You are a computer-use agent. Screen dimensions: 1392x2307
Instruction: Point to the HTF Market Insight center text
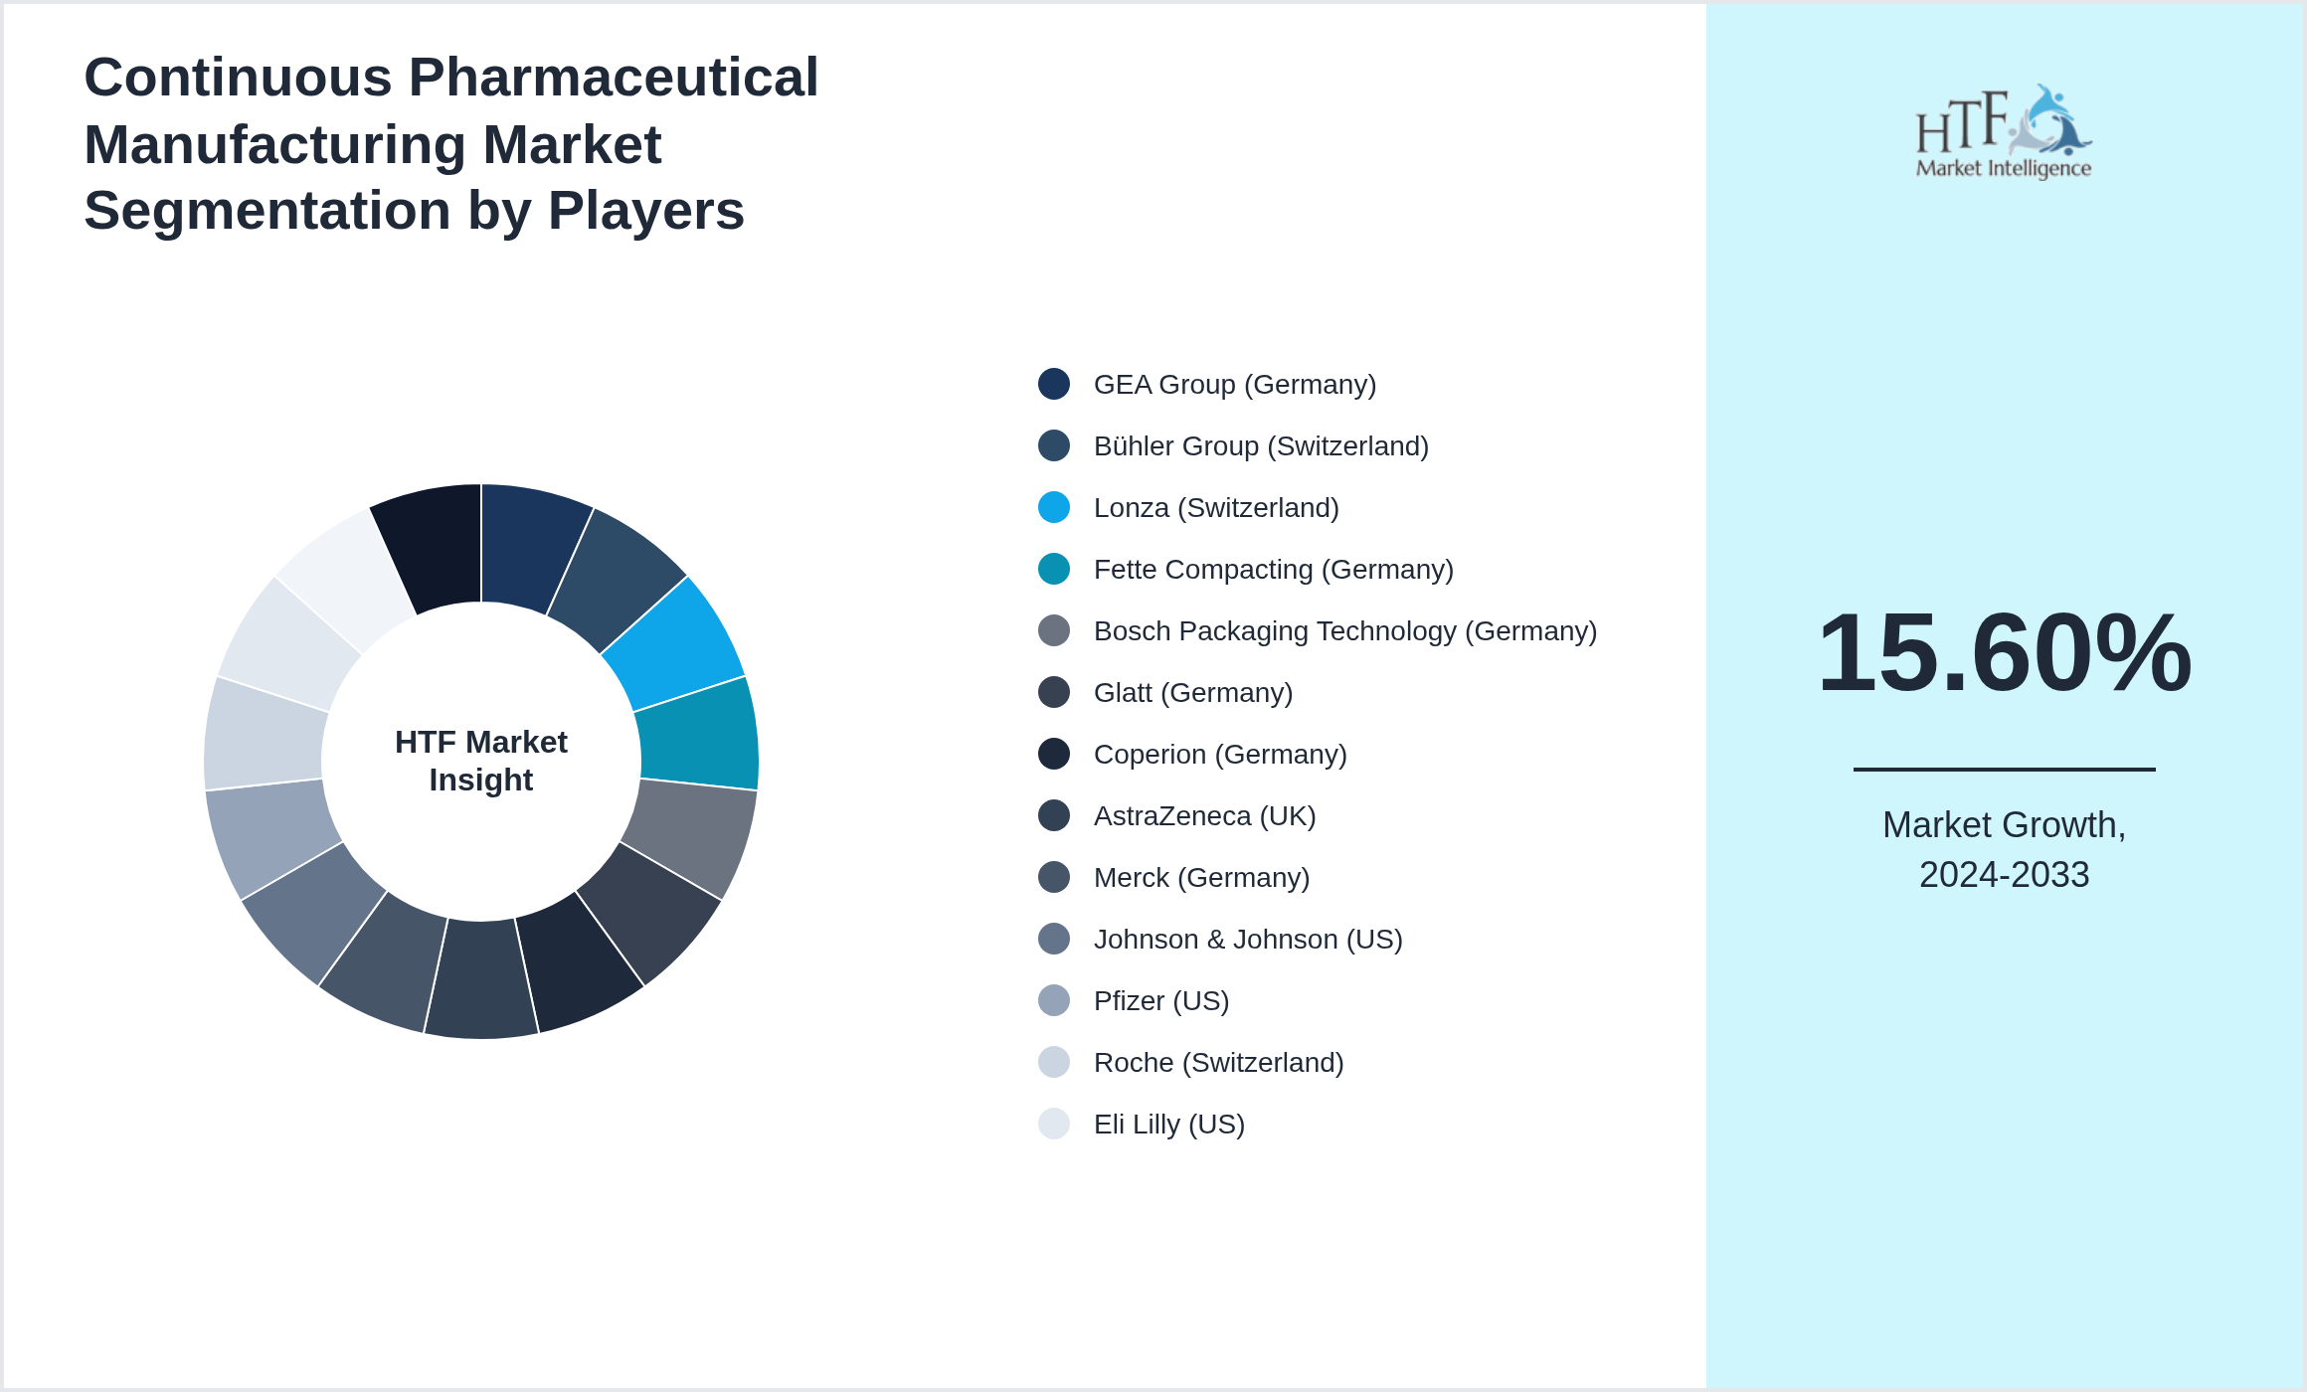(x=481, y=761)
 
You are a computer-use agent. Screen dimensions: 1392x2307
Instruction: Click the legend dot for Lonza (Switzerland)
(x=1054, y=507)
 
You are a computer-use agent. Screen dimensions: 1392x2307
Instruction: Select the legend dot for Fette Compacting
(x=1054, y=569)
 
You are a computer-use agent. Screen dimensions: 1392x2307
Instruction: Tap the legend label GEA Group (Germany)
(x=1234, y=385)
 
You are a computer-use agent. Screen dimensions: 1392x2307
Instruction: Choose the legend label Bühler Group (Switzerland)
(x=1261, y=446)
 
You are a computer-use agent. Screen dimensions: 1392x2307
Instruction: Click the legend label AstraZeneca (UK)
(x=1204, y=816)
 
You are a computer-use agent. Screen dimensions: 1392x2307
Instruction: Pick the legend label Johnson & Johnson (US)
(x=1248, y=940)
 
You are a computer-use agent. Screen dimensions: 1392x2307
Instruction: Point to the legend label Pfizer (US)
(x=1161, y=1001)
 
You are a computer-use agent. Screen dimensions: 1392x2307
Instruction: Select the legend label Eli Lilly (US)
(x=1168, y=1125)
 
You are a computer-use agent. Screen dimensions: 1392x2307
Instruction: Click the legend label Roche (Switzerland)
(x=1218, y=1063)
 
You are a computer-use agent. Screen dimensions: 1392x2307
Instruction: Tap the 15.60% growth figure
(x=2004, y=653)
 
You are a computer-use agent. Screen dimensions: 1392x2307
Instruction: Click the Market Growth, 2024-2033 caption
(x=2004, y=849)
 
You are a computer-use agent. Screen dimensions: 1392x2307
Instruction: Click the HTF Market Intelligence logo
(x=2004, y=132)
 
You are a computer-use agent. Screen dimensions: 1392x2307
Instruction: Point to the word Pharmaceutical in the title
(x=613, y=78)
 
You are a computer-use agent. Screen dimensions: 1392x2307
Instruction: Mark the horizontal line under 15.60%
(x=2004, y=769)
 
